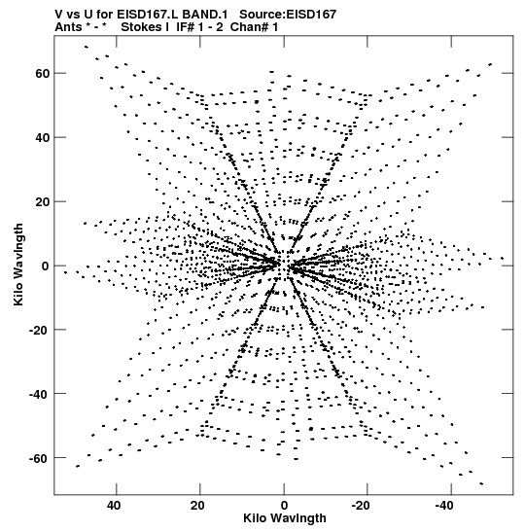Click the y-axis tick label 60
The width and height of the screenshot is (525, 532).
43,73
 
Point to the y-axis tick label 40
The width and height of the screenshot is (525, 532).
43,138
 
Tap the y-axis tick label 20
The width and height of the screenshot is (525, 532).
43,202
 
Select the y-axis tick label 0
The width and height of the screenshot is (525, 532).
46,266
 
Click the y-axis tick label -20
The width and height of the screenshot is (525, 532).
40,330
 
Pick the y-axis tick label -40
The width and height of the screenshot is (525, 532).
40,394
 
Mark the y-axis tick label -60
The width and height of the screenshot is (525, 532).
40,458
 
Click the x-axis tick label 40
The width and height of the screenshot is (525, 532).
114,506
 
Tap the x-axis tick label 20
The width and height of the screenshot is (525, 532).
197,506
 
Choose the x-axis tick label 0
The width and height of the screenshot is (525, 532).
284,506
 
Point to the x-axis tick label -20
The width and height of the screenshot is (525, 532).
361,506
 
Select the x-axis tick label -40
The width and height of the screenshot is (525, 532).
444,506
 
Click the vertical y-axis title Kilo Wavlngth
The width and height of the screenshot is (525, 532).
18,265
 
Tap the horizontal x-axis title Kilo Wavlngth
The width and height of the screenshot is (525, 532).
285,518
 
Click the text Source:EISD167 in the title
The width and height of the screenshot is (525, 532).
288,15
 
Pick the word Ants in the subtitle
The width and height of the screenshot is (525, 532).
68,27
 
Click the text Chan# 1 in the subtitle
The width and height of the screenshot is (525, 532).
254,27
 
